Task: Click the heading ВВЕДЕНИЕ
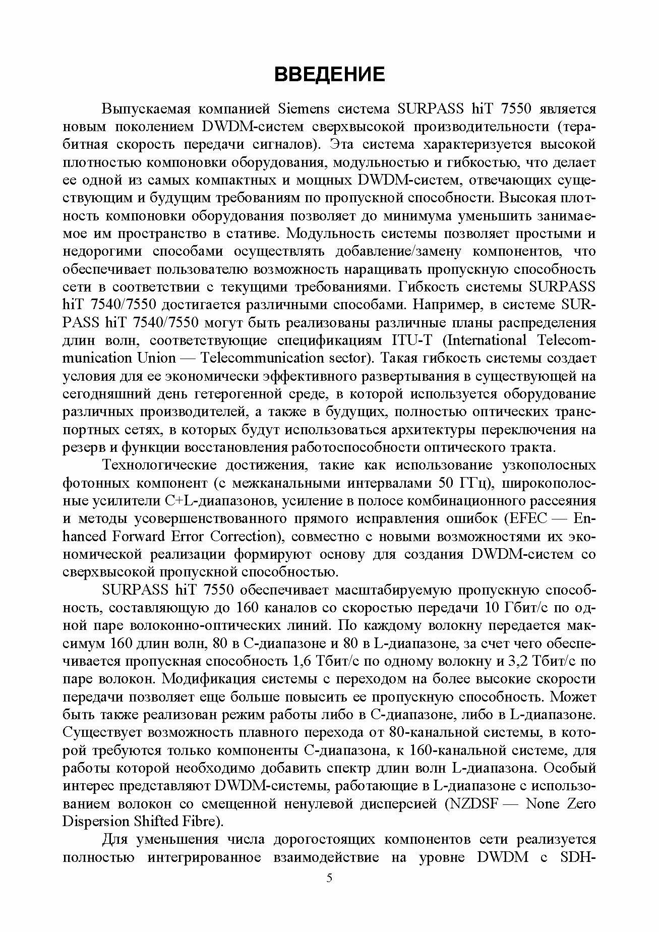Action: tap(329, 74)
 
